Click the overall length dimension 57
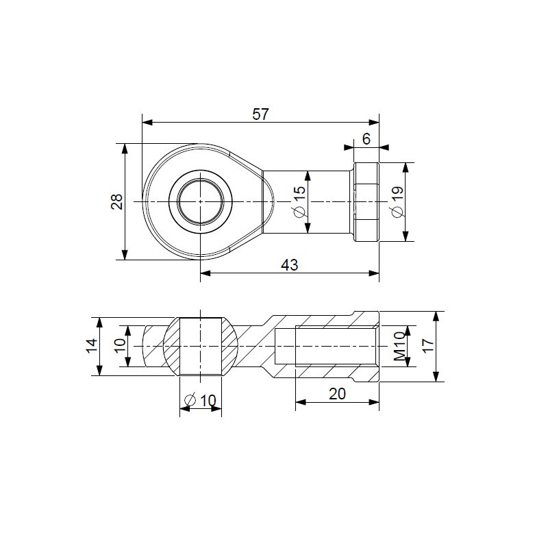tap(260, 114)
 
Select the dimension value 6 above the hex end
tap(366, 138)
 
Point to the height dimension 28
tap(117, 201)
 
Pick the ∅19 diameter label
tap(397, 201)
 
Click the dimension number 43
tap(289, 266)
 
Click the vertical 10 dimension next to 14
tap(119, 347)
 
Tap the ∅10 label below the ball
tap(200, 400)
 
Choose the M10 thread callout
tap(399, 347)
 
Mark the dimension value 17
tap(428, 347)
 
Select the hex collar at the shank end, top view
tap(366, 201)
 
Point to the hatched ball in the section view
tap(200, 346)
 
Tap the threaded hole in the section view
tap(325, 347)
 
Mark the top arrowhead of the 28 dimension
tap(125, 148)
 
